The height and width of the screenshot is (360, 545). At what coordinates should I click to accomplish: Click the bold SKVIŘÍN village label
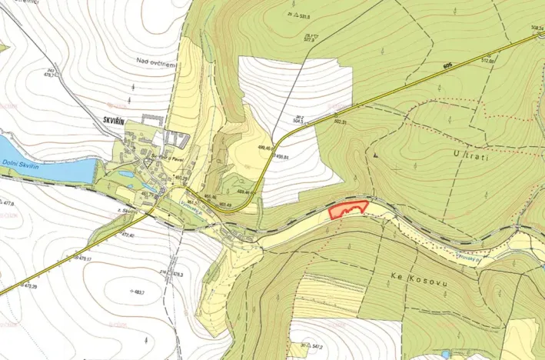(x=118, y=120)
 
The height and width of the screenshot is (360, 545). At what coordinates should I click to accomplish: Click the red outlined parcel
(x=347, y=208)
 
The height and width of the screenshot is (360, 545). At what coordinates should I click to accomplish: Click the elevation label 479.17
(x=84, y=258)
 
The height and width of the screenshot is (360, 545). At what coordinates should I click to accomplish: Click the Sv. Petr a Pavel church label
(x=164, y=158)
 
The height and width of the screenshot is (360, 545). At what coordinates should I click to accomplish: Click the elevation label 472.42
(x=127, y=235)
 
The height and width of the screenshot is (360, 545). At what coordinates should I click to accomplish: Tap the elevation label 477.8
(x=8, y=204)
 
